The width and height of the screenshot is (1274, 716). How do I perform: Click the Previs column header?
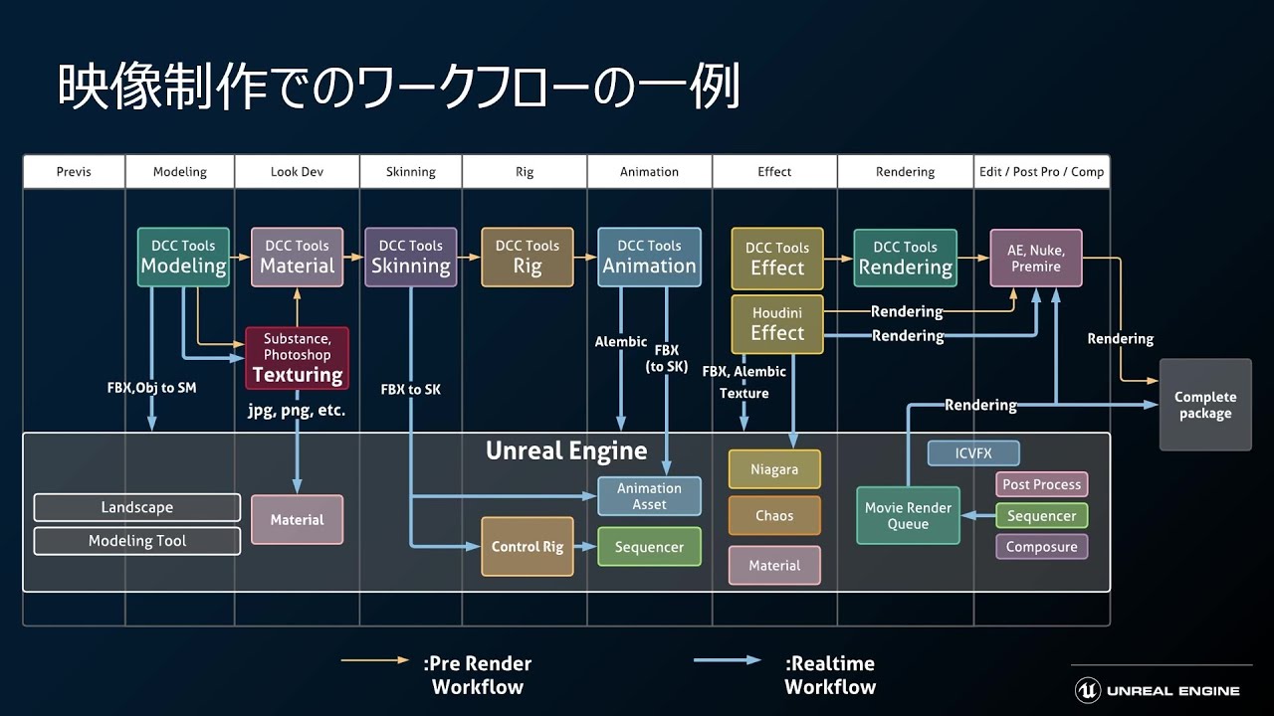pos(74,172)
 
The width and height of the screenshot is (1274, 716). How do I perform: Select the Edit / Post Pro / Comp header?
pos(1041,172)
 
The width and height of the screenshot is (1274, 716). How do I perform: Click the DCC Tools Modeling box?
pos(182,258)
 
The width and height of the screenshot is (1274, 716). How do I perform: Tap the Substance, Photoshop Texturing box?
pos(297,358)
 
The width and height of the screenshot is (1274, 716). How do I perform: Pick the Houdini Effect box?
pos(777,324)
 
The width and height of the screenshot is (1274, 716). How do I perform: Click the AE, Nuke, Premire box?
pos(1035,258)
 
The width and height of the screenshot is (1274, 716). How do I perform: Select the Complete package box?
pos(1204,405)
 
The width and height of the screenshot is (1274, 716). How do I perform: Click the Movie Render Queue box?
pos(908,515)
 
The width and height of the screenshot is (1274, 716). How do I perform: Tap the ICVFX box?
pos(972,453)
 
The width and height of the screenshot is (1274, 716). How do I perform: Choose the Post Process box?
pos(1041,484)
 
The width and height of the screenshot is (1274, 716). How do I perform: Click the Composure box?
pos(1041,547)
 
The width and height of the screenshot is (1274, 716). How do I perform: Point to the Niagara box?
pos(774,469)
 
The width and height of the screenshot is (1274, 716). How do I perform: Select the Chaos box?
pos(774,516)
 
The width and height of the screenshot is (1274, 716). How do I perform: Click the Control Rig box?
pos(527,547)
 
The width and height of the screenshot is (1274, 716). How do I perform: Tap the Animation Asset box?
pos(649,496)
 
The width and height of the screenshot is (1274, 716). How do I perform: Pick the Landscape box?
pos(136,507)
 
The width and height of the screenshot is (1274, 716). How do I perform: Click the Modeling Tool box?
pos(136,541)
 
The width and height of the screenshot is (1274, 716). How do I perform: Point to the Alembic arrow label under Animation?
pos(621,341)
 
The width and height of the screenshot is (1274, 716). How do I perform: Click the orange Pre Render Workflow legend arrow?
pos(374,660)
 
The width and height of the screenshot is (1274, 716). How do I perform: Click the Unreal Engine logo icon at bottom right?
pos(1087,690)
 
